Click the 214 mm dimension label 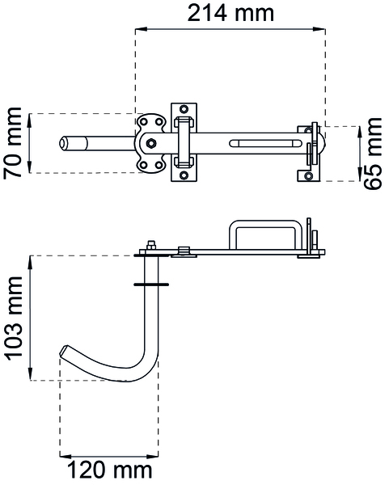230,13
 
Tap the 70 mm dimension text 13,143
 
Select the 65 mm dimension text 373,154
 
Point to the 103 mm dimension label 13,318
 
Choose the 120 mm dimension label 109,470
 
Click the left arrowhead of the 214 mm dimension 141,29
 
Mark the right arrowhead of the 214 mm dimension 319,29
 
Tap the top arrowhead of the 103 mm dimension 31,262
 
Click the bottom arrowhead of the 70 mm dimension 30,167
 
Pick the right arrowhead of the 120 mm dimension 153,456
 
